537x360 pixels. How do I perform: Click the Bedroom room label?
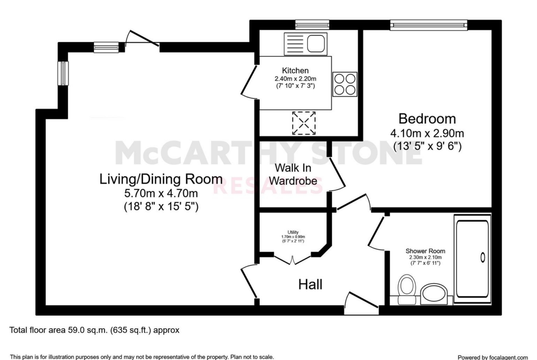[427, 119]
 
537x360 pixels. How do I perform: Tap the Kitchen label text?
[295, 71]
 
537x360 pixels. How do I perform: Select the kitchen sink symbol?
[306, 44]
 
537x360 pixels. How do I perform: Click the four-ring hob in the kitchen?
[345, 84]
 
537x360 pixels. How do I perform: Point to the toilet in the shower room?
[407, 289]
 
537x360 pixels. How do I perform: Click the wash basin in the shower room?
[434, 294]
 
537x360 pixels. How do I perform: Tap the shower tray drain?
[483, 257]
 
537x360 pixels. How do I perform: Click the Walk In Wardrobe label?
[293, 175]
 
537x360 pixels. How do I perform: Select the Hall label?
[310, 284]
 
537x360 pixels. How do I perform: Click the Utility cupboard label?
[293, 233]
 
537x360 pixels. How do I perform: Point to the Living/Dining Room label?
[161, 179]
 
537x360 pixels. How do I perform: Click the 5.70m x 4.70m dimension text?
[161, 194]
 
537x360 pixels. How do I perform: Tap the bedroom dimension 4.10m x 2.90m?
[427, 133]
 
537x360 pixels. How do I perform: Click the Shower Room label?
[425, 251]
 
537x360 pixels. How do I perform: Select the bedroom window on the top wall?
[429, 25]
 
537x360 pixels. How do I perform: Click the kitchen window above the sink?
[313, 25]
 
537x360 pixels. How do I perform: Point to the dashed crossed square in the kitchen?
[304, 123]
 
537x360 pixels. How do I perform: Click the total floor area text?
[94, 330]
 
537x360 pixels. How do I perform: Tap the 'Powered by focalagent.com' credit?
[493, 357]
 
